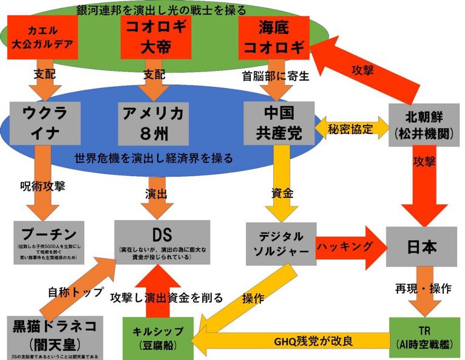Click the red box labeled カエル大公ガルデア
(44, 37)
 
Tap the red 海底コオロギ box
(274, 37)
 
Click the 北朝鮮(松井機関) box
(421, 123)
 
